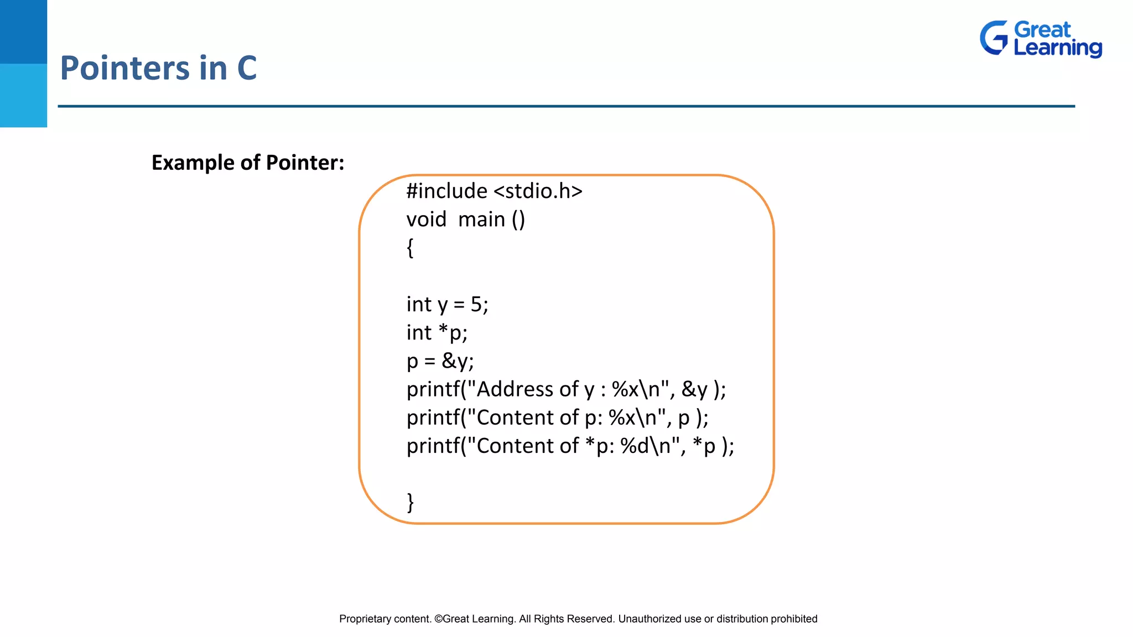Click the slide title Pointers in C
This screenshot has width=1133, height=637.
pyautogui.click(x=158, y=68)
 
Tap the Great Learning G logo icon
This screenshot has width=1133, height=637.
pyautogui.click(x=994, y=38)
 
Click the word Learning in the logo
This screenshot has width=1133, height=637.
pyautogui.click(x=1057, y=48)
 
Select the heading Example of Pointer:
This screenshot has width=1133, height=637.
pyautogui.click(x=248, y=163)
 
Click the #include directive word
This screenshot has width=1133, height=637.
pyautogui.click(x=447, y=191)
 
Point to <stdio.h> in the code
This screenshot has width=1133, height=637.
pyautogui.click(x=538, y=191)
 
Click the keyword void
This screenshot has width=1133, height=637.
pyautogui.click(x=426, y=220)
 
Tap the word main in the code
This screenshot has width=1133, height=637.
pyautogui.click(x=481, y=220)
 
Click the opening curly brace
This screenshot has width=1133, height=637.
pyautogui.click(x=410, y=248)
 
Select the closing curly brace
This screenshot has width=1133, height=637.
pyautogui.click(x=410, y=502)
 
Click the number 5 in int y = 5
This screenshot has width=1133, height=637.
pyautogui.click(x=476, y=305)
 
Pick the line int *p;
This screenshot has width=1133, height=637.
pyautogui.click(x=437, y=333)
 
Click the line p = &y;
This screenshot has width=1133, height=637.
pyautogui.click(x=440, y=361)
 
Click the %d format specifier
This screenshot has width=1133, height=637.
pyautogui.click(x=635, y=446)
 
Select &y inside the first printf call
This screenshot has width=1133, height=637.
pyautogui.click(x=694, y=389)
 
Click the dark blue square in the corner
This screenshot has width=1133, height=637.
pyautogui.click(x=23, y=32)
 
